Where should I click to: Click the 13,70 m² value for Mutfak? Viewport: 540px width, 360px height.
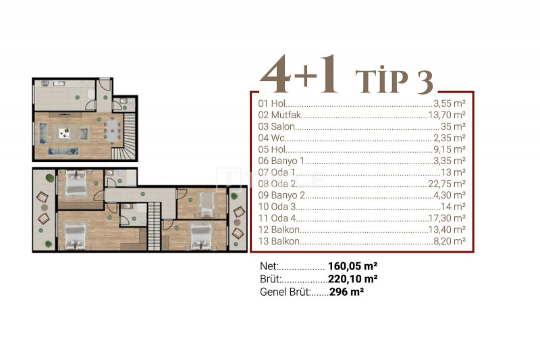(x=447, y=115)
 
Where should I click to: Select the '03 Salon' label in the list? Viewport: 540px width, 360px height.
(x=277, y=126)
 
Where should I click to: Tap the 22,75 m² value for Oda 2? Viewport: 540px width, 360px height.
(x=447, y=184)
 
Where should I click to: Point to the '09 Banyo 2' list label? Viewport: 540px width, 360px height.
(x=281, y=195)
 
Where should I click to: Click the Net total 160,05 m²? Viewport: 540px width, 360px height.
(x=352, y=266)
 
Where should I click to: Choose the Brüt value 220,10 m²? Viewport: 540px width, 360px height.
(x=352, y=278)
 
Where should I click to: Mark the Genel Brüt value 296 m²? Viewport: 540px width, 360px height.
(x=346, y=292)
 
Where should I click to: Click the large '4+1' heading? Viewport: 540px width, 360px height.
(x=298, y=74)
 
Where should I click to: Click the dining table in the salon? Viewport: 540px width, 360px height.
(x=113, y=130)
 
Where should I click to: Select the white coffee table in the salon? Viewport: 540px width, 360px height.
(x=64, y=132)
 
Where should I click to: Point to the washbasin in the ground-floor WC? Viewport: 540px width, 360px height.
(x=124, y=101)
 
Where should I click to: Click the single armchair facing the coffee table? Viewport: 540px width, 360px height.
(x=84, y=133)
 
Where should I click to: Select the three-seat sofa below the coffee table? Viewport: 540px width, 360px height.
(x=63, y=151)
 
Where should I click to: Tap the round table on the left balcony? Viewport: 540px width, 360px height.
(x=45, y=207)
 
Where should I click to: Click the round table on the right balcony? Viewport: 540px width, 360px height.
(x=238, y=222)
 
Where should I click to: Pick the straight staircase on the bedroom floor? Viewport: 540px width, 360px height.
(x=154, y=226)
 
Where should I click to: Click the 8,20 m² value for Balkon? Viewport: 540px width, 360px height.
(x=450, y=241)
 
